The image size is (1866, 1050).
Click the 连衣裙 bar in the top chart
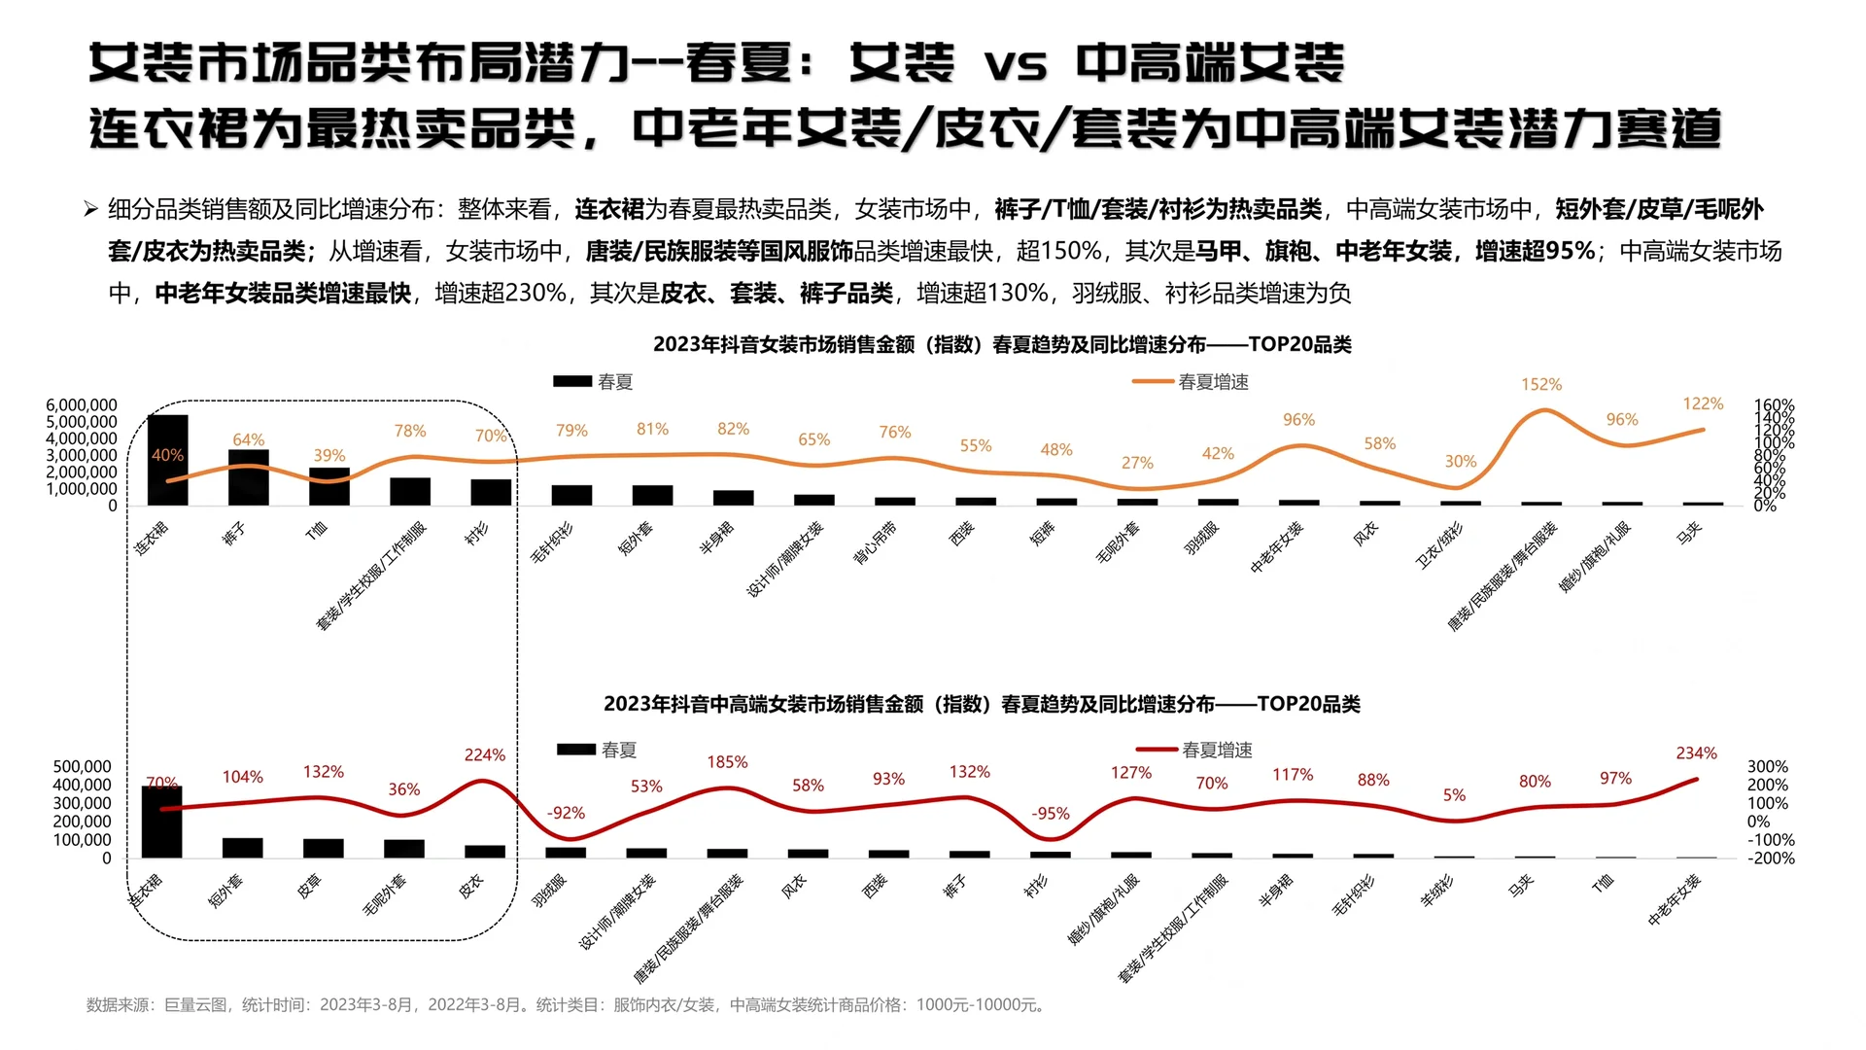(167, 460)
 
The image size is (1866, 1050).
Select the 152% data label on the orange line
(1541, 385)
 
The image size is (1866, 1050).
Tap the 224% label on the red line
(484, 755)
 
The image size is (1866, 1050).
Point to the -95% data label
(1050, 814)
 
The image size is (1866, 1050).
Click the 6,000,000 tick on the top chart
(82, 405)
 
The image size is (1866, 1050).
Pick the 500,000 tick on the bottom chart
(82, 767)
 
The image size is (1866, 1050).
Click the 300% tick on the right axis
(1767, 767)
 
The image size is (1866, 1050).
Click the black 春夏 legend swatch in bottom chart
(575, 750)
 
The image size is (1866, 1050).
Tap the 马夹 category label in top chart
(1689, 533)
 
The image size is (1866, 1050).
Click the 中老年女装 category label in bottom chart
(1675, 899)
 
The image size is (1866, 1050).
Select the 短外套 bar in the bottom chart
(242, 848)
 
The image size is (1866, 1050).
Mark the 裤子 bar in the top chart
(249, 477)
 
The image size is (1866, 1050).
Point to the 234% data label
(1696, 753)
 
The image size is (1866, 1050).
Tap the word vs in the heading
(1015, 64)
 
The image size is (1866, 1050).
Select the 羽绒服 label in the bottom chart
(549, 891)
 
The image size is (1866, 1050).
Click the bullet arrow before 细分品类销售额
(90, 209)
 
